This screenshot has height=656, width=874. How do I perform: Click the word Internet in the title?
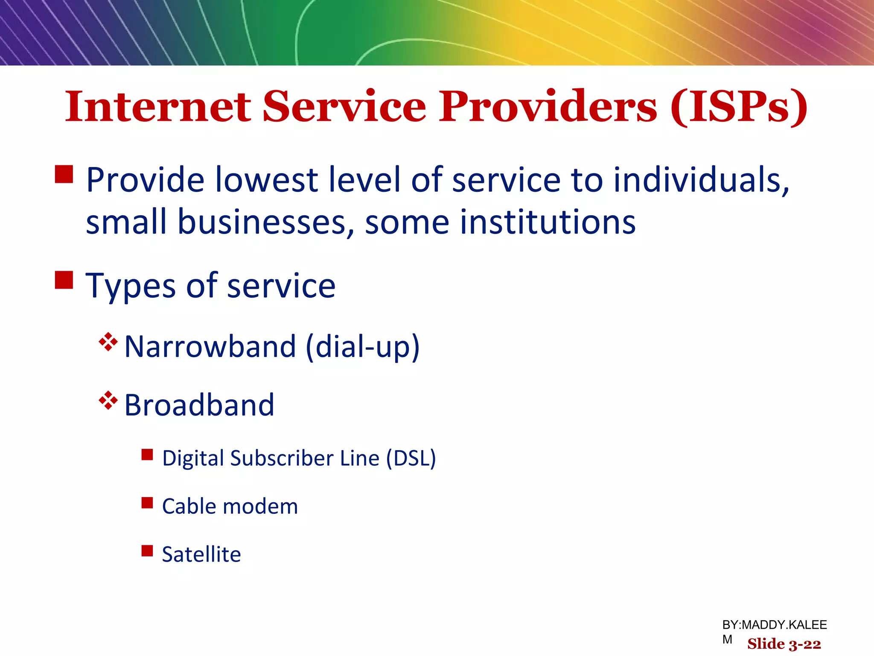158,106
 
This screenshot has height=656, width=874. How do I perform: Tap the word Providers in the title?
548,106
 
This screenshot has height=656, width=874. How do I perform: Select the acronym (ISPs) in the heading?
739,107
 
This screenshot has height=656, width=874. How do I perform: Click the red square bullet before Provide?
64,174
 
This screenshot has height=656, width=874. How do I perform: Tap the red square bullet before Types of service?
64,280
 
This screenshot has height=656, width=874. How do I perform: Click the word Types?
130,286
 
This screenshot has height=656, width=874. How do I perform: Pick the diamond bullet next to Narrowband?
108,342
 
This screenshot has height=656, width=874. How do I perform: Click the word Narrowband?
210,346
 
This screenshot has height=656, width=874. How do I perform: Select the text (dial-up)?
363,346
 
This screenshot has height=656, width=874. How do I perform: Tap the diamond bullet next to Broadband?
108,400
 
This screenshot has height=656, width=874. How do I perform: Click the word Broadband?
199,405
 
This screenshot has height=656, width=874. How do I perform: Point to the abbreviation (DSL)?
411,458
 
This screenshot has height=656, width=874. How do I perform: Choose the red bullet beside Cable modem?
147,503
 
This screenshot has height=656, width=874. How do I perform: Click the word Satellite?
201,554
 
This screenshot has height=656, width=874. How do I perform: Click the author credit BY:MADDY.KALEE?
774,625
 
